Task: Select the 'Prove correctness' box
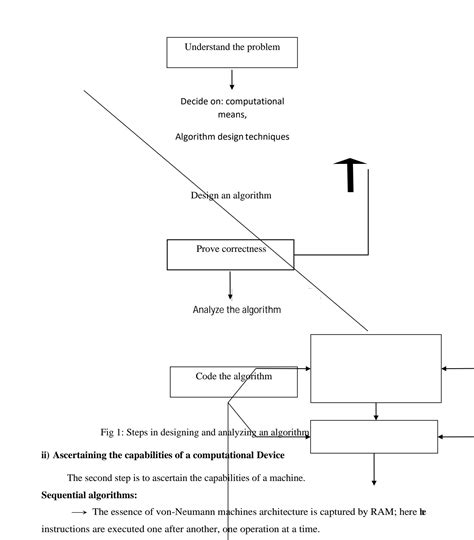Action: [x=230, y=254]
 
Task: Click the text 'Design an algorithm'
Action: [x=231, y=196]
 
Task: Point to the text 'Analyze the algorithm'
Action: [x=237, y=310]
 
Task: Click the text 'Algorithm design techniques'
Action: [x=235, y=137]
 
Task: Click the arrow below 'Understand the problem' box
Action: [x=232, y=79]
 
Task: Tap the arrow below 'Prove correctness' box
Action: [x=231, y=285]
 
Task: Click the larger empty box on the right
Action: [x=375, y=367]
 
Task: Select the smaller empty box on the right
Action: [x=374, y=436]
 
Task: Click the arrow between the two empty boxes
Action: [x=375, y=411]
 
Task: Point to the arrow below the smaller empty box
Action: [x=375, y=469]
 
